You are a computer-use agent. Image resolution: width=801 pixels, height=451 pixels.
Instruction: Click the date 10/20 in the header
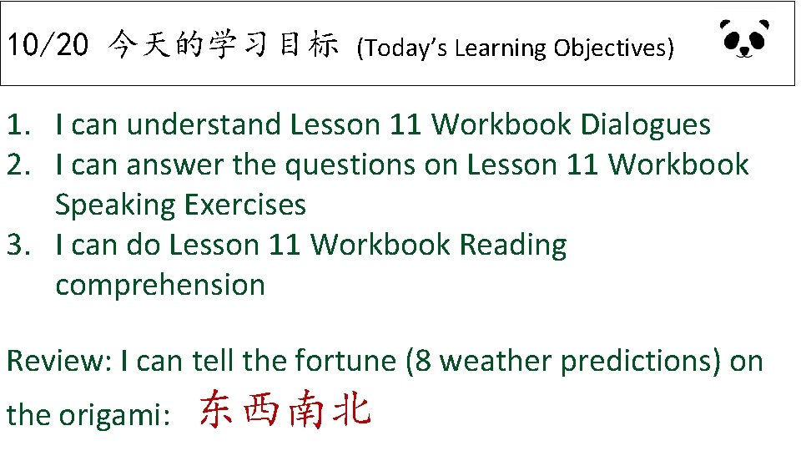47,46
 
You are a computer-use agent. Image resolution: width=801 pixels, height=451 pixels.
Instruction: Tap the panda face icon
744,39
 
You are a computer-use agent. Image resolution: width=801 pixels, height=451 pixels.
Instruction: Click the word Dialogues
645,125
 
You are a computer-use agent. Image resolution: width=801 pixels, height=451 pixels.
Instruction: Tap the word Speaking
115,205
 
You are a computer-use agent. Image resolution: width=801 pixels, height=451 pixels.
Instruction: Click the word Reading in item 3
513,246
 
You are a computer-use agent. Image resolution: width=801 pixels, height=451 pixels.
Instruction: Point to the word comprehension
160,286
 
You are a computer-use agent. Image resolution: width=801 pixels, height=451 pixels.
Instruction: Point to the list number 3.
16,246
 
